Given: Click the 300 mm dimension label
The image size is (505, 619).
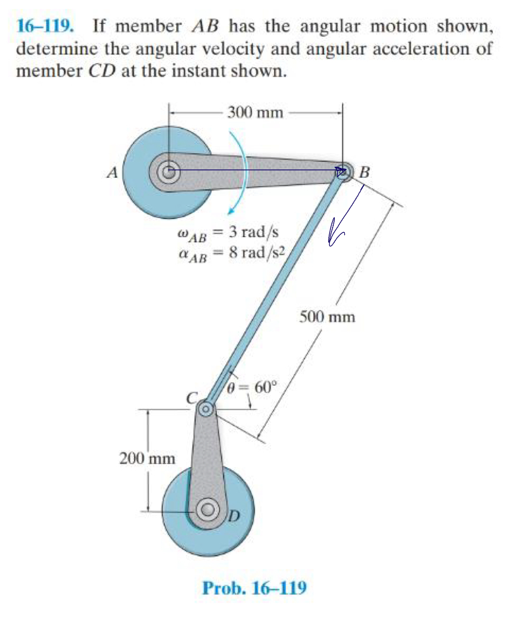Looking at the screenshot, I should click(x=255, y=113).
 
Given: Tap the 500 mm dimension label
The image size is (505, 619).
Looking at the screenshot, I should click(x=327, y=317).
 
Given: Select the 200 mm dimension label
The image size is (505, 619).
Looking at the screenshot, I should click(x=147, y=458).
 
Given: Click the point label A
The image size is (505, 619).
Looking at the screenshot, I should click(x=111, y=173).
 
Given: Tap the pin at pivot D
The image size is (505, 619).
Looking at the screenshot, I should click(x=209, y=508).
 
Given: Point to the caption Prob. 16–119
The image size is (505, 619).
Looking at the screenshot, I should click(x=254, y=587).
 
